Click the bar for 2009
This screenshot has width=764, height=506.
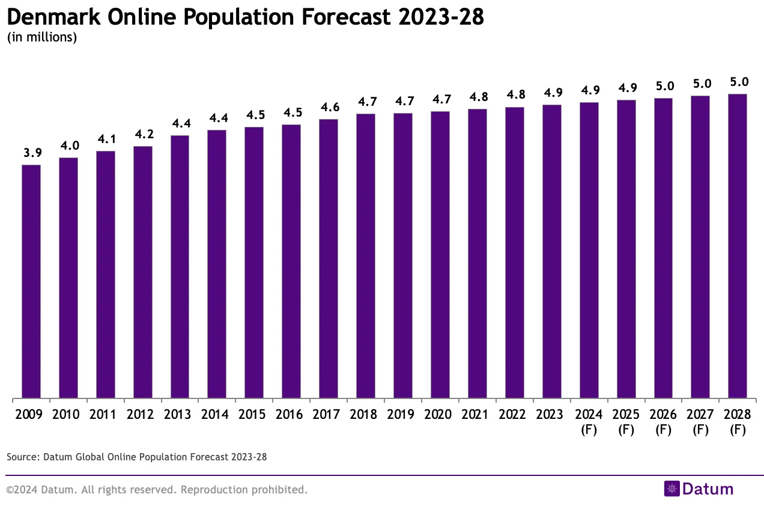31,281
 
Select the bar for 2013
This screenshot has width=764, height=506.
180,266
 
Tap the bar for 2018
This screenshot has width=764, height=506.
366,255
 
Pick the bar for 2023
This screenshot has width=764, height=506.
551,251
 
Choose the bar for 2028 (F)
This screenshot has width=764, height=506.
737,246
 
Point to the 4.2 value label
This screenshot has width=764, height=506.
143,134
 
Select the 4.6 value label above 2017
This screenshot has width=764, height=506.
329,107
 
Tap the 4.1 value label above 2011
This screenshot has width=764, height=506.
106,139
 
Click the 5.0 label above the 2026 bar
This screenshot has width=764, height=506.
664,86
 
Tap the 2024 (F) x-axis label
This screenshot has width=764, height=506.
589,422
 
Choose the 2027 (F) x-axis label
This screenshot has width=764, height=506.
700,422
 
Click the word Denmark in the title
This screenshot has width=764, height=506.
54,18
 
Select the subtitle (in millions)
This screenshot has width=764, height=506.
42,37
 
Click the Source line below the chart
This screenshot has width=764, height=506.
136,457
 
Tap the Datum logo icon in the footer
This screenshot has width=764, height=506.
671,489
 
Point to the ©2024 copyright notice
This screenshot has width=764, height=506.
156,490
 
